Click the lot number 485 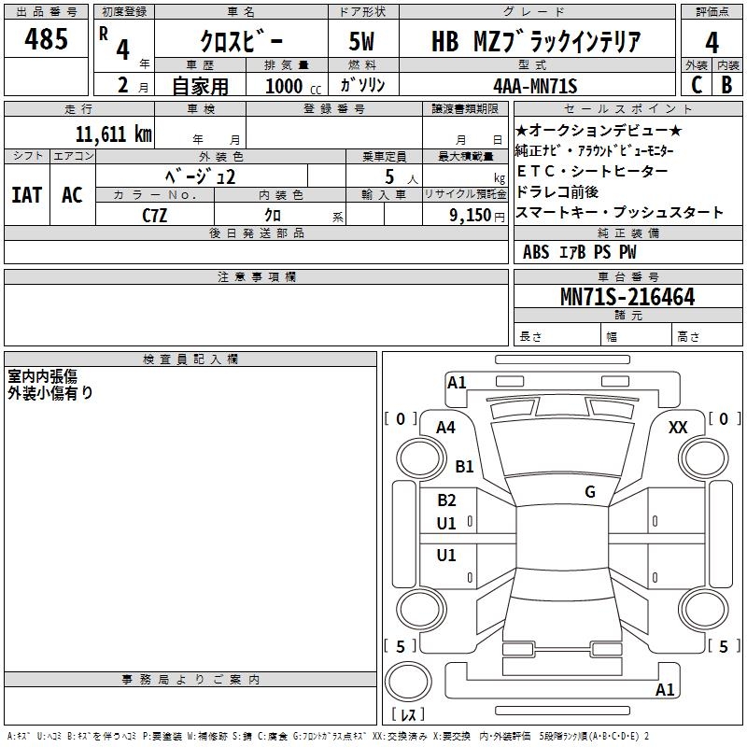click(x=46, y=38)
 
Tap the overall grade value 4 click(x=712, y=42)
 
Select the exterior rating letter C click(x=697, y=85)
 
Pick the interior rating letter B click(x=726, y=85)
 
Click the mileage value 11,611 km click(x=114, y=134)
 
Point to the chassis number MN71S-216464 click(x=627, y=297)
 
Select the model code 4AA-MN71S click(x=535, y=86)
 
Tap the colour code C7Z click(x=155, y=216)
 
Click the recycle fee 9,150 click(x=471, y=216)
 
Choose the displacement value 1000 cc click(x=293, y=86)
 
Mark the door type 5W click(x=361, y=41)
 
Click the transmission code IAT click(x=27, y=195)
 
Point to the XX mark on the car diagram click(x=678, y=428)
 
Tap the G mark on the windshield click(x=590, y=492)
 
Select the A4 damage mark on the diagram click(x=445, y=428)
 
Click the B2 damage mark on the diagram click(x=446, y=500)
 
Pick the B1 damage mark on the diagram click(x=464, y=466)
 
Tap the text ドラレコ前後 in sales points click(x=557, y=192)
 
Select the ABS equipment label click(x=536, y=252)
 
